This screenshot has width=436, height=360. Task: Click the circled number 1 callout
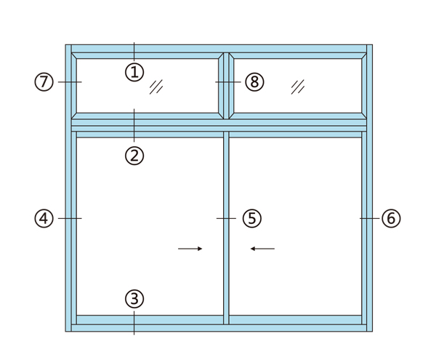(x=134, y=72)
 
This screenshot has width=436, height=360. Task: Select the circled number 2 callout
(x=134, y=156)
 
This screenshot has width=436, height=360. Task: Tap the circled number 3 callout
(x=134, y=299)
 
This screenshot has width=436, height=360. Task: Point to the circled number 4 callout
(x=44, y=218)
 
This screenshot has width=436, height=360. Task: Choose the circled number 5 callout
(x=252, y=218)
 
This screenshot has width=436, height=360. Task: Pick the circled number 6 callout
(x=391, y=218)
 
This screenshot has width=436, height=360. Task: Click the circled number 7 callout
(x=44, y=81)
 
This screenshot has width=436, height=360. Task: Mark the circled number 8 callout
(x=254, y=81)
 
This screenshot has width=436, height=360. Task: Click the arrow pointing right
(x=190, y=249)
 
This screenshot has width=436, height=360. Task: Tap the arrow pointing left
(x=262, y=249)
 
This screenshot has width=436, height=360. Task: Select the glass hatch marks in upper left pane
(x=156, y=87)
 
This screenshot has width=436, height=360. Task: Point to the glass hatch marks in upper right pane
(x=298, y=87)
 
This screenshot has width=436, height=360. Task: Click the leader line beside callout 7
(x=70, y=81)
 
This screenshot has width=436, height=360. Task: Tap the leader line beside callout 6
(x=370, y=218)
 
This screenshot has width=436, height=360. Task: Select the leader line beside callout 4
(x=70, y=218)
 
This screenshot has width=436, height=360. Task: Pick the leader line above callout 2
(x=134, y=125)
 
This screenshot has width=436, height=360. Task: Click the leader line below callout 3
(x=134, y=323)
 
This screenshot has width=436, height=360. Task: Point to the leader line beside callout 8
(x=228, y=81)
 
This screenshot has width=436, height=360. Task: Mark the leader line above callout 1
(x=134, y=52)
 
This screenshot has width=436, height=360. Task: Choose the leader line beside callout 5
(x=226, y=218)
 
